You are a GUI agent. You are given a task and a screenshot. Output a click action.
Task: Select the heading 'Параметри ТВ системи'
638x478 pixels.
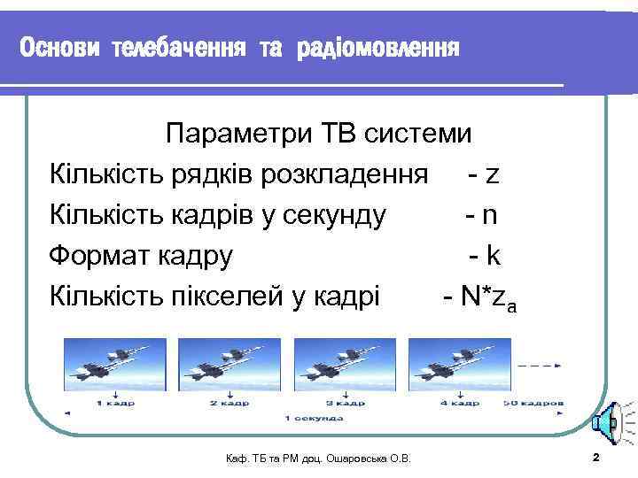pos(319,134)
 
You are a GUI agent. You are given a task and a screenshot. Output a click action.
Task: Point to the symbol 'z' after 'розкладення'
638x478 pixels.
pos(492,174)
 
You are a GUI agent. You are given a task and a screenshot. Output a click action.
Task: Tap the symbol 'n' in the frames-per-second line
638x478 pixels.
pos(492,215)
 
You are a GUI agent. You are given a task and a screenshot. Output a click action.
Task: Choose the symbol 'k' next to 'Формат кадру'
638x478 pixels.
pos(493,256)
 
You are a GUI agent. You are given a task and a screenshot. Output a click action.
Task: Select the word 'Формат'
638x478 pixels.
pos(99,256)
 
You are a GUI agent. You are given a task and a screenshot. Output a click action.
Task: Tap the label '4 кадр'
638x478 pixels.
pos(459,403)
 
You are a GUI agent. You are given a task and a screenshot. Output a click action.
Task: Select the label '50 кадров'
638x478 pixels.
pos(532,403)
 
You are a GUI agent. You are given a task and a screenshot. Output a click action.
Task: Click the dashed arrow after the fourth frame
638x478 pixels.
pos(539,365)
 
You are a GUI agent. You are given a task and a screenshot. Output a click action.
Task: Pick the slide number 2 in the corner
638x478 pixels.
pos(595,457)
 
